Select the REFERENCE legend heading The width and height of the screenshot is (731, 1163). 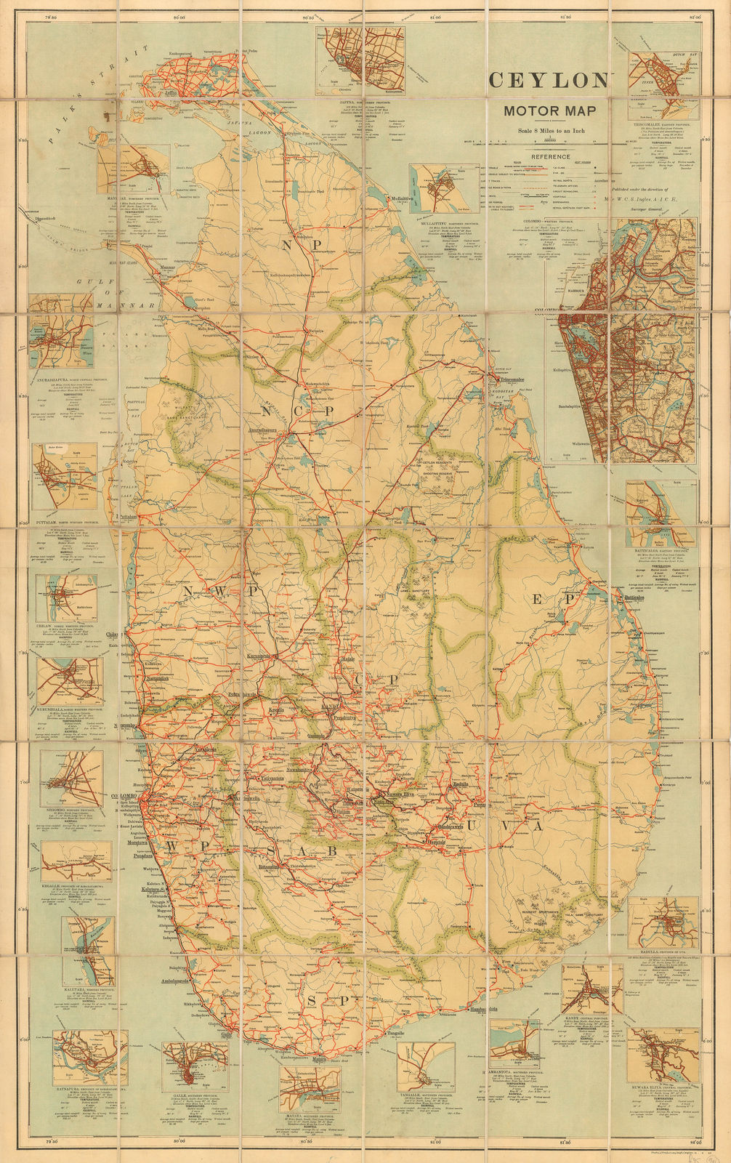[x=550, y=156]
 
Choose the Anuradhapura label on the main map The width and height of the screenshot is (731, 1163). [x=272, y=430]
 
